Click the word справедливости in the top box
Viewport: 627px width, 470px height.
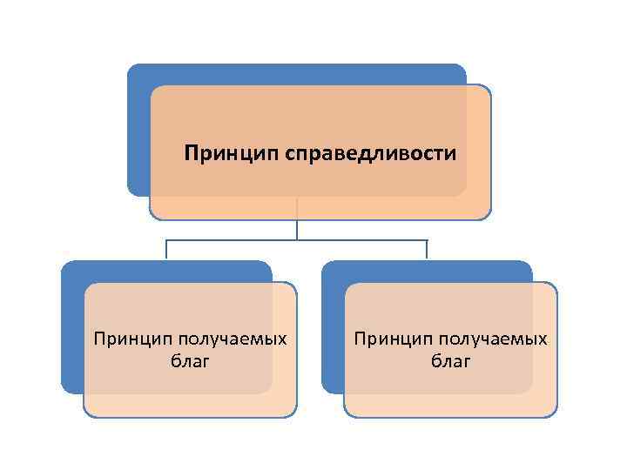pyautogui.click(x=370, y=155)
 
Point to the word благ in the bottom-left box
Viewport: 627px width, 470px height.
pyautogui.click(x=190, y=360)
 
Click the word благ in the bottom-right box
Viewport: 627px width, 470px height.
pyautogui.click(x=450, y=360)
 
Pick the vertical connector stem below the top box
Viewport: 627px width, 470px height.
pyautogui.click(x=297, y=228)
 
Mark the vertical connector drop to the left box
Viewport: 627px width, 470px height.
pyautogui.click(x=166, y=250)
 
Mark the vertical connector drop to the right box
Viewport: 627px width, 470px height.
pyautogui.click(x=427, y=250)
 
